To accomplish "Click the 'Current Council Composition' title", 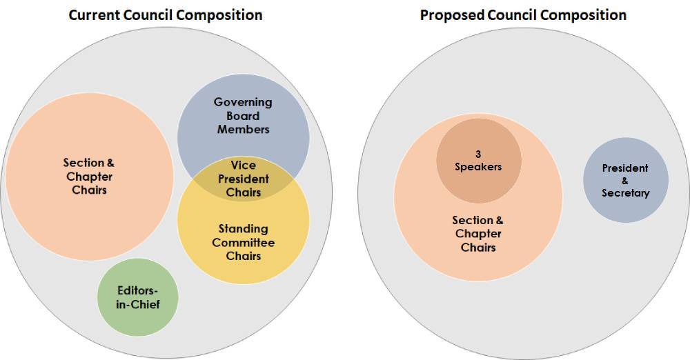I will click(165, 14).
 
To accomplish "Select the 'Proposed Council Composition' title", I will click(523, 14).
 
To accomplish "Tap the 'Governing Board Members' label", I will click(243, 115).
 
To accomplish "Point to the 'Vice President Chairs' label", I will click(243, 179).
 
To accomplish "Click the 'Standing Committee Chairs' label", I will click(243, 242).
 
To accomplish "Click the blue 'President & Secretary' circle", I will click(625, 181).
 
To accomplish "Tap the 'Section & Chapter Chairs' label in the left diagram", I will click(89, 176).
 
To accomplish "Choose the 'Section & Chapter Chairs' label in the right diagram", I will click(477, 234).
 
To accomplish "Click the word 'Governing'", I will click(243, 102).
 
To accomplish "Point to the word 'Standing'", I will click(243, 228).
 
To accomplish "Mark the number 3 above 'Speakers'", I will click(477, 153).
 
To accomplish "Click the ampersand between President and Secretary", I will click(625, 181).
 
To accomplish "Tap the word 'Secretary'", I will click(625, 193).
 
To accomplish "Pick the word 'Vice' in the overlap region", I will click(243, 166).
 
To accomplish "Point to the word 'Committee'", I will click(243, 242).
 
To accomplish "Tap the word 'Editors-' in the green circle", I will click(137, 291).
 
